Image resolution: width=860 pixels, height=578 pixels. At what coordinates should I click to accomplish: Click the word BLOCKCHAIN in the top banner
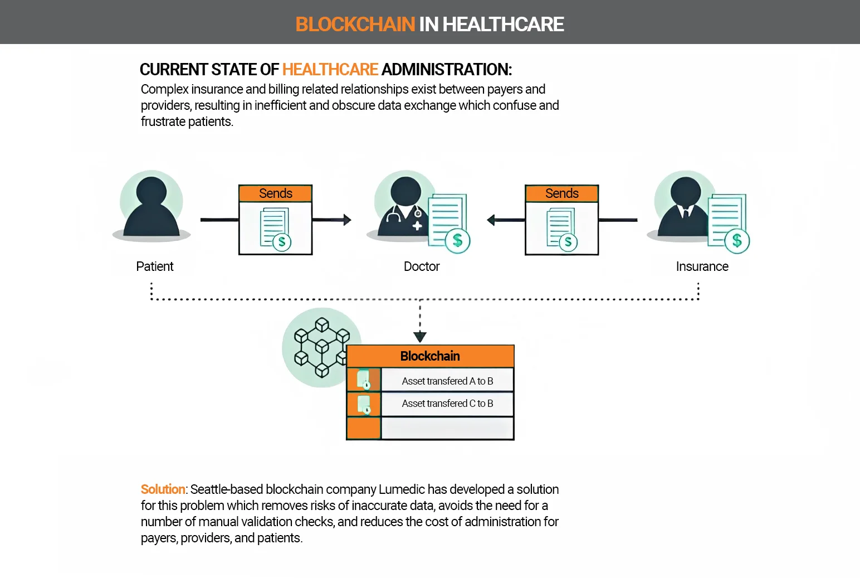tap(355, 24)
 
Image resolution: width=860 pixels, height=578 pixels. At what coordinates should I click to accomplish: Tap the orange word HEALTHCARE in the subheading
tap(330, 70)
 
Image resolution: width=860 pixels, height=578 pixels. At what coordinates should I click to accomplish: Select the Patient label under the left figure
tap(155, 266)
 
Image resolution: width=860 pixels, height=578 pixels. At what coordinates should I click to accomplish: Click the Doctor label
tap(422, 266)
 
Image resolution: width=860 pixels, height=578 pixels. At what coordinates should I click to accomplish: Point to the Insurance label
tap(702, 266)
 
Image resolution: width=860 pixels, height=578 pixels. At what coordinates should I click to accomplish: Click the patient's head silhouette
tap(152, 192)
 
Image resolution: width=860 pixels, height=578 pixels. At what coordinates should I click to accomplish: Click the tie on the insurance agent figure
tap(686, 213)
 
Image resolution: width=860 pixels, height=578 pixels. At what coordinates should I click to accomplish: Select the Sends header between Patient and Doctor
tap(275, 193)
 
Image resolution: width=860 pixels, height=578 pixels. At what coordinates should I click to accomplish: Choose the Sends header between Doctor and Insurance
tap(561, 193)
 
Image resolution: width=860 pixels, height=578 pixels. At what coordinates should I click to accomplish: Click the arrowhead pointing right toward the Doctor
tap(347, 220)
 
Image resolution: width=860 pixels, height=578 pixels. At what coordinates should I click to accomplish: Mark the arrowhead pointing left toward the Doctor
tap(491, 220)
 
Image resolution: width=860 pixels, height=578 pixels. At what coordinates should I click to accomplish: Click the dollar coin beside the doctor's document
tap(458, 241)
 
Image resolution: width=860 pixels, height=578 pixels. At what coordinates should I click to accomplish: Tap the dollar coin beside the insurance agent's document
tap(737, 241)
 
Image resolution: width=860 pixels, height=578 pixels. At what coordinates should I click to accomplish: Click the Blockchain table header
tap(430, 356)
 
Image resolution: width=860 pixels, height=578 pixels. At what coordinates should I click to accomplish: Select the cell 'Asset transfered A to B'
tap(447, 381)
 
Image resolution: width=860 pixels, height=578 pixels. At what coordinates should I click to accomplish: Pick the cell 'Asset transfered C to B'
tap(447, 403)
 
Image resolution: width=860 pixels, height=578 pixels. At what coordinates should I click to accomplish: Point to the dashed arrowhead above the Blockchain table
tap(420, 337)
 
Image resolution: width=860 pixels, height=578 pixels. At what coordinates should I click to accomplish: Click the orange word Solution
tap(163, 489)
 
